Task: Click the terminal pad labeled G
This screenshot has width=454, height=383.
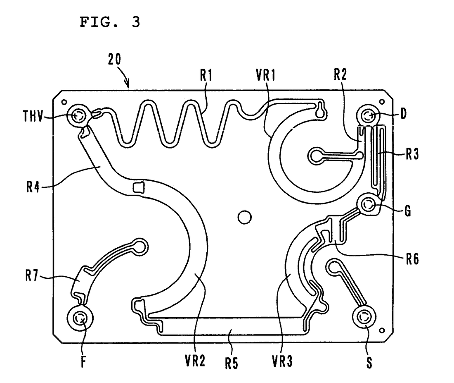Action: coord(368,204)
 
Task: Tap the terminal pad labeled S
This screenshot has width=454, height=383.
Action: coord(363,317)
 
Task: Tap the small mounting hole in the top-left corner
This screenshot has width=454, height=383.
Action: coord(64,101)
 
